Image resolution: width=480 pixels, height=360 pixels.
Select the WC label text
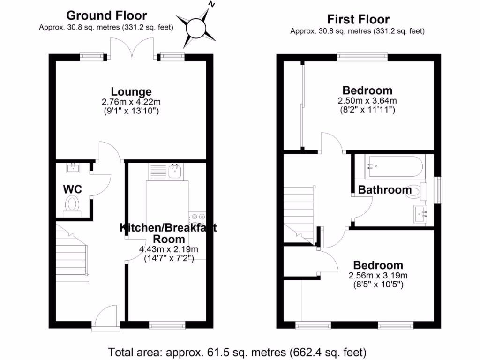pyautogui.click(x=73, y=189)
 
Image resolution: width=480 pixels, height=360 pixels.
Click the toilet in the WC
pyautogui.click(x=72, y=205)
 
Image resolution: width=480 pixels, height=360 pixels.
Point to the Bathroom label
pyautogui.click(x=385, y=190)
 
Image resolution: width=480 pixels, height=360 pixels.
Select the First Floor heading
pyautogui.click(x=358, y=20)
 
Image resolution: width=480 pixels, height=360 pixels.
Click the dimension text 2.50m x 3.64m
pyautogui.click(x=367, y=101)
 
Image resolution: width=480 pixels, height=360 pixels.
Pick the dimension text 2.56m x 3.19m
pyautogui.click(x=378, y=275)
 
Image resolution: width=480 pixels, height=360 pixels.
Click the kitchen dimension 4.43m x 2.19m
pyautogui.click(x=168, y=249)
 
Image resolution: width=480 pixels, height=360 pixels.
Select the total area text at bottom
pyautogui.click(x=237, y=351)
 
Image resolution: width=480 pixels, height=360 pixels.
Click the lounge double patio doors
pyautogui.click(x=132, y=48)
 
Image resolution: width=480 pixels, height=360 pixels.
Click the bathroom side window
pyautogui.click(x=439, y=189)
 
